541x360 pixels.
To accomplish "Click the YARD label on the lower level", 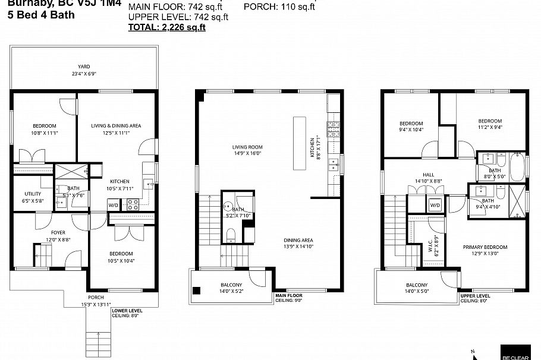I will pyautogui.click(x=83, y=67).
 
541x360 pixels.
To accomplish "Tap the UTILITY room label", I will pyautogui.click(x=32, y=194).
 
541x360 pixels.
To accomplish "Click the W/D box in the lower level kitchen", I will pyautogui.click(x=113, y=205).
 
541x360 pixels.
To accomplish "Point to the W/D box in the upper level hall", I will pyautogui.click(x=435, y=206).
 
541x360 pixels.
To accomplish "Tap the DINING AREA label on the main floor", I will pyautogui.click(x=298, y=241).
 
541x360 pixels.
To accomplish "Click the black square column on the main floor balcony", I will pyautogui.click(x=197, y=290).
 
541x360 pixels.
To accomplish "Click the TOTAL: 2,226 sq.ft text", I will pyautogui.click(x=167, y=27).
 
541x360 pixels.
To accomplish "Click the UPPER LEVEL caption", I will pyautogui.click(x=475, y=295).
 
